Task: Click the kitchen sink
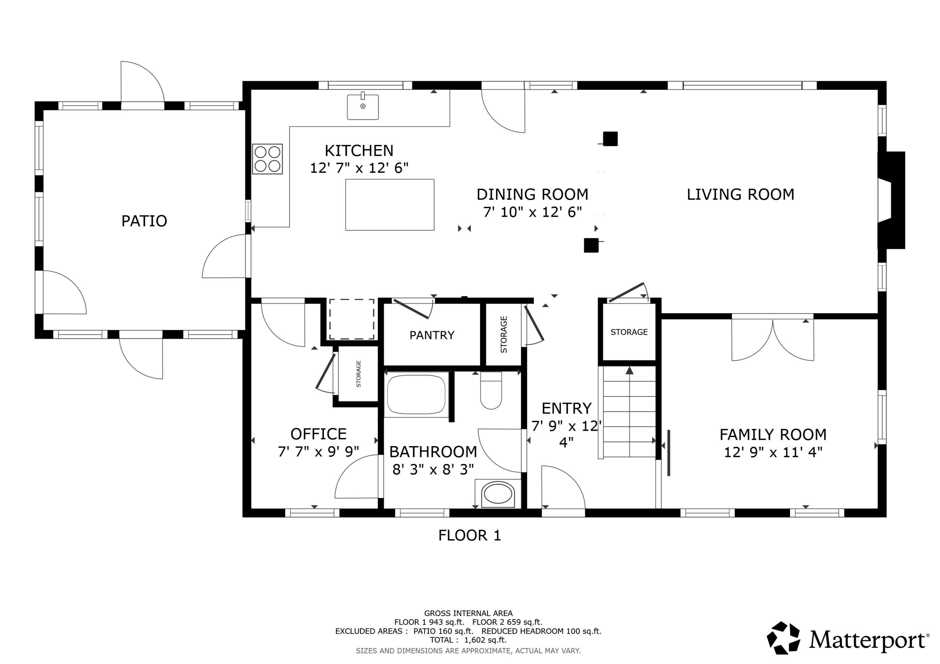(363, 107)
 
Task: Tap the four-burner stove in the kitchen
(267, 159)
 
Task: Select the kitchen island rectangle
(390, 204)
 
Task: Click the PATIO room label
(144, 221)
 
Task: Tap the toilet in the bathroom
(491, 390)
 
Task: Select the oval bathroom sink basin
(498, 494)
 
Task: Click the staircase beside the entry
(629, 412)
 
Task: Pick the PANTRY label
(432, 336)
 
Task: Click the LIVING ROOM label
(740, 194)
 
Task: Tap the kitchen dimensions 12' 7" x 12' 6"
(359, 168)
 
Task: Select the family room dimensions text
(773, 452)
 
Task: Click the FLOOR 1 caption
(470, 536)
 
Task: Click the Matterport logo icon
(783, 638)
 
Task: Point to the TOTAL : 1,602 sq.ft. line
(468, 640)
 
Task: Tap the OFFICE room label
(319, 434)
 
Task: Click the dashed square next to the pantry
(352, 319)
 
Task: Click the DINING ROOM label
(532, 194)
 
